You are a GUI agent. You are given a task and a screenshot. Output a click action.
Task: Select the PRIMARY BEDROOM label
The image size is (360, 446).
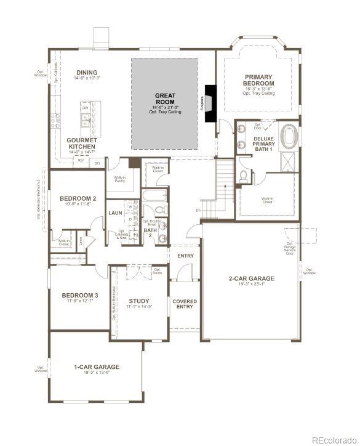(x=258, y=79)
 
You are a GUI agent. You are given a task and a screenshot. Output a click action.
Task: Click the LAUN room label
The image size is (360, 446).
(x=115, y=213)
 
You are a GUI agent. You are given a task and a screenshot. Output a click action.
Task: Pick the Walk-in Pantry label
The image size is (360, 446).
(x=120, y=180)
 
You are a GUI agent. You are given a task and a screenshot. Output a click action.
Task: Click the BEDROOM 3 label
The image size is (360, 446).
(x=79, y=296)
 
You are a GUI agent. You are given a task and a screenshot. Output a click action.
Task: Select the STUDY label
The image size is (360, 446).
(x=139, y=301)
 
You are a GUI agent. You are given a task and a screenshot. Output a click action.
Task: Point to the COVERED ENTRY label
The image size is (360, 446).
(x=185, y=304)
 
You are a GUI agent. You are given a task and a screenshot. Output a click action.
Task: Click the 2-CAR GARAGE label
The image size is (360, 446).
(x=252, y=278)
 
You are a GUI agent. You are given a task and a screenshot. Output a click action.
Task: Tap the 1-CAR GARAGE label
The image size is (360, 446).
(x=95, y=367)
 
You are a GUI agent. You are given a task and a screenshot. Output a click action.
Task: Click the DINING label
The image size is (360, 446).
(x=86, y=72)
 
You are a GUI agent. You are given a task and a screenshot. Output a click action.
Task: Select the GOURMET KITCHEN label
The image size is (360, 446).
(x=81, y=144)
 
